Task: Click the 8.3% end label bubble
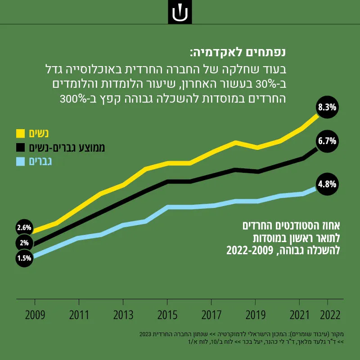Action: [327, 107]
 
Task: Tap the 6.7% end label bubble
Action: [327, 141]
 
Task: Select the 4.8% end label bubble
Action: [327, 184]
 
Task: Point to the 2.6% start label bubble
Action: [24, 228]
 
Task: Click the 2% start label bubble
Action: [24, 243]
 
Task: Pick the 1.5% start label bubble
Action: [24, 258]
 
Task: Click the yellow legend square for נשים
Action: [20, 133]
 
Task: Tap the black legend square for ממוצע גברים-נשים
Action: [20, 148]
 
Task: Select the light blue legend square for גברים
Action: [20, 162]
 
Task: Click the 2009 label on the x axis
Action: [35, 315]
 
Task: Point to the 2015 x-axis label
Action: [167, 315]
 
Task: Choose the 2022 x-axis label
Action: [330, 315]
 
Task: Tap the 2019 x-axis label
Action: [255, 315]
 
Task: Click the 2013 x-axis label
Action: [123, 315]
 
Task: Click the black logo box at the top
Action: [180, 12]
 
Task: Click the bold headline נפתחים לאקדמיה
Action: [238, 52]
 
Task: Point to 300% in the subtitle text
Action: [73, 99]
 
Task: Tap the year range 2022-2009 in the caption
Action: [250, 251]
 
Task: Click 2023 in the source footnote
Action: [145, 334]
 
